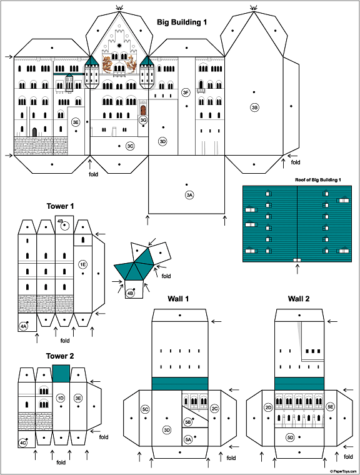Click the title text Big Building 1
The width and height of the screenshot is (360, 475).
(x=182, y=22)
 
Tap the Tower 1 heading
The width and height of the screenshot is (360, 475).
(x=60, y=206)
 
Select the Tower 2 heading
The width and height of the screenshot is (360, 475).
(x=60, y=356)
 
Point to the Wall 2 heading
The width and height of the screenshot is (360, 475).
(x=299, y=299)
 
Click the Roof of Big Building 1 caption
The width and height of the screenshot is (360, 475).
(x=318, y=180)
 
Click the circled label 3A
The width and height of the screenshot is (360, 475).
(x=189, y=195)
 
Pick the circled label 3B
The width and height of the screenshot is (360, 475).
(x=254, y=107)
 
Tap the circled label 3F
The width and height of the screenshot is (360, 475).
(x=186, y=92)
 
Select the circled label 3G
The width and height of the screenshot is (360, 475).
(x=143, y=120)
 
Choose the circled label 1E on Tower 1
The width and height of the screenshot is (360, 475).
(x=82, y=264)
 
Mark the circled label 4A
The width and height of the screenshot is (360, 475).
(x=23, y=326)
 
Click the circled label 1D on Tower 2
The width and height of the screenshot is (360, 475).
(x=61, y=398)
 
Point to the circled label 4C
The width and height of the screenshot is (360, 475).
(x=22, y=443)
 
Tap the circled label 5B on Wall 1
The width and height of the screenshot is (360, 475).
(x=188, y=422)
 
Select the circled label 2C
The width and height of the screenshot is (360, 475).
(x=214, y=409)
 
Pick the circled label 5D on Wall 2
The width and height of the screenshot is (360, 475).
(x=290, y=437)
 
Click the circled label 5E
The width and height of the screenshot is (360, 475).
(x=330, y=406)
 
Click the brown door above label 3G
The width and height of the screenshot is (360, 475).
(x=143, y=110)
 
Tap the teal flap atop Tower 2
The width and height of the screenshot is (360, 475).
(x=61, y=373)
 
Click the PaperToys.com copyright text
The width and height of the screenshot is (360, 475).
(x=343, y=471)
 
